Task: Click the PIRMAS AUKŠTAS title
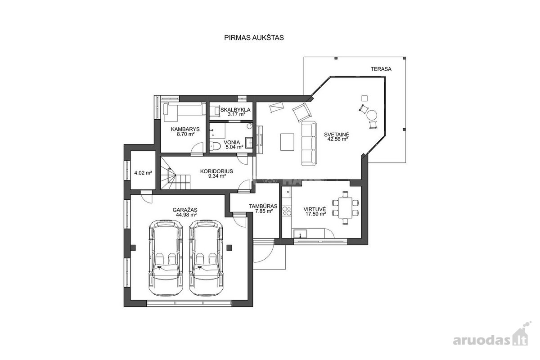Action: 254,38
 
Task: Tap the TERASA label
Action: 381,69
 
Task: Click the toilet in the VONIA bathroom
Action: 215,146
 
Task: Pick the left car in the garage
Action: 166,257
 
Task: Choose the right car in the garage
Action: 206,257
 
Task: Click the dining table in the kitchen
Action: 345,207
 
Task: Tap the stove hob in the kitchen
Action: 287,211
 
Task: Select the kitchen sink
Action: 300,234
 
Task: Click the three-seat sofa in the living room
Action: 309,143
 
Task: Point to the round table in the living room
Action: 372,115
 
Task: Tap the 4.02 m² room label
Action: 143,173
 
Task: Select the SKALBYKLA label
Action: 235,110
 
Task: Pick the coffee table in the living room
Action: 287,142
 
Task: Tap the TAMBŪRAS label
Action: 263,207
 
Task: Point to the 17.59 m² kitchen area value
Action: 315,214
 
